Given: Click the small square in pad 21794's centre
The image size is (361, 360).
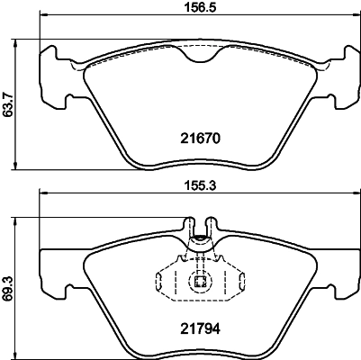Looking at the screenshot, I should coord(200,283).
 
